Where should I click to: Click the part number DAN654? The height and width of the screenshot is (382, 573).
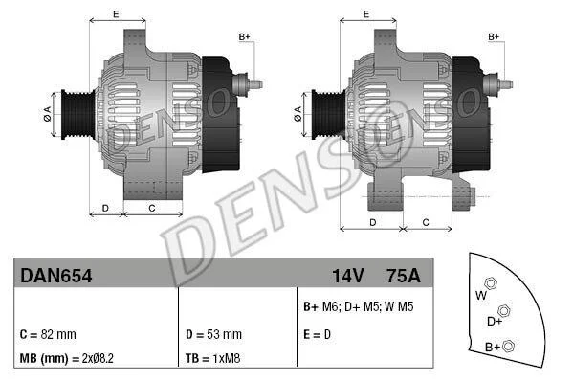[x=55, y=276]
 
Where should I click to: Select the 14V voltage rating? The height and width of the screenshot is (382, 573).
[x=348, y=276]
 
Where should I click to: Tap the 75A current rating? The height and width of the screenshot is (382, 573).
[x=404, y=276]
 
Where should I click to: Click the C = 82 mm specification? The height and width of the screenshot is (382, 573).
[x=48, y=334]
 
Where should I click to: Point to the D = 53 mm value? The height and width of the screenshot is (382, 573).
[x=213, y=334]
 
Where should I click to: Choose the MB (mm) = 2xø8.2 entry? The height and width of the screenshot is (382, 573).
[x=67, y=358]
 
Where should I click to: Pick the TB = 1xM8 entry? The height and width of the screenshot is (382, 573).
[x=212, y=358]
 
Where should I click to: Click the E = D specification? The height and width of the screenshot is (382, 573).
[x=317, y=334]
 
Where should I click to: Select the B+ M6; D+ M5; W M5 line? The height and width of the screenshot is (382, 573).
[x=358, y=306]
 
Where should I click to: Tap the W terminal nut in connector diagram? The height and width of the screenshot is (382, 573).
[x=491, y=283]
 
